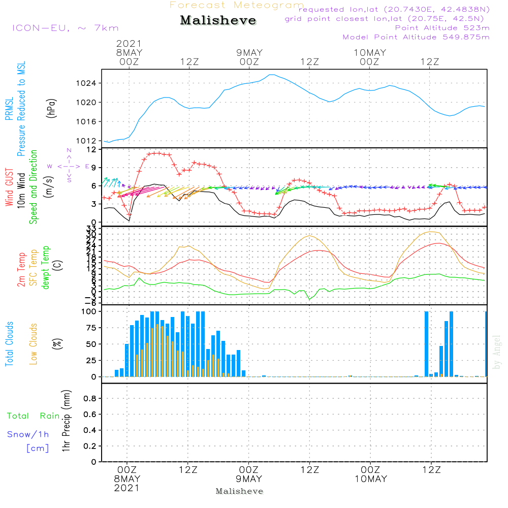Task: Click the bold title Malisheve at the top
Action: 218,21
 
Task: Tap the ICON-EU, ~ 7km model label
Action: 65,28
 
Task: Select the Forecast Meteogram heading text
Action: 236,5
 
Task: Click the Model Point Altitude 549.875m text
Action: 416,37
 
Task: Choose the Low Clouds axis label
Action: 34,344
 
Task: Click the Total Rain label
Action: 34,416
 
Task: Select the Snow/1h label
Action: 28,434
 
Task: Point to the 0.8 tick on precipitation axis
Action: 90,399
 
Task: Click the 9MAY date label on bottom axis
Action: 249,479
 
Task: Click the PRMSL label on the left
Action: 9,110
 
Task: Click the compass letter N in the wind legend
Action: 69,150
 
